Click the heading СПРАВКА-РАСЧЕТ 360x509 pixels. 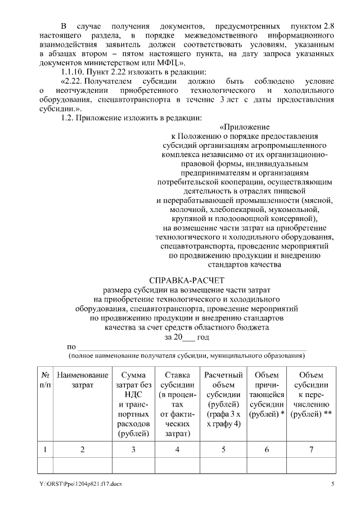[x=186, y=280]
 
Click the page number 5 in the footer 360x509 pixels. [x=332, y=484]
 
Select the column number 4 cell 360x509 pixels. [x=177, y=449]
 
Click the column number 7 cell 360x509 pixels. [x=311, y=449]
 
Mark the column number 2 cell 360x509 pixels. [x=83, y=449]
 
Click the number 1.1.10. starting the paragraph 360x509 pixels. [x=74, y=71]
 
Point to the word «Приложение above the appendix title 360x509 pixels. [x=244, y=127]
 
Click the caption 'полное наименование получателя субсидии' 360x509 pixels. [x=186, y=357]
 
